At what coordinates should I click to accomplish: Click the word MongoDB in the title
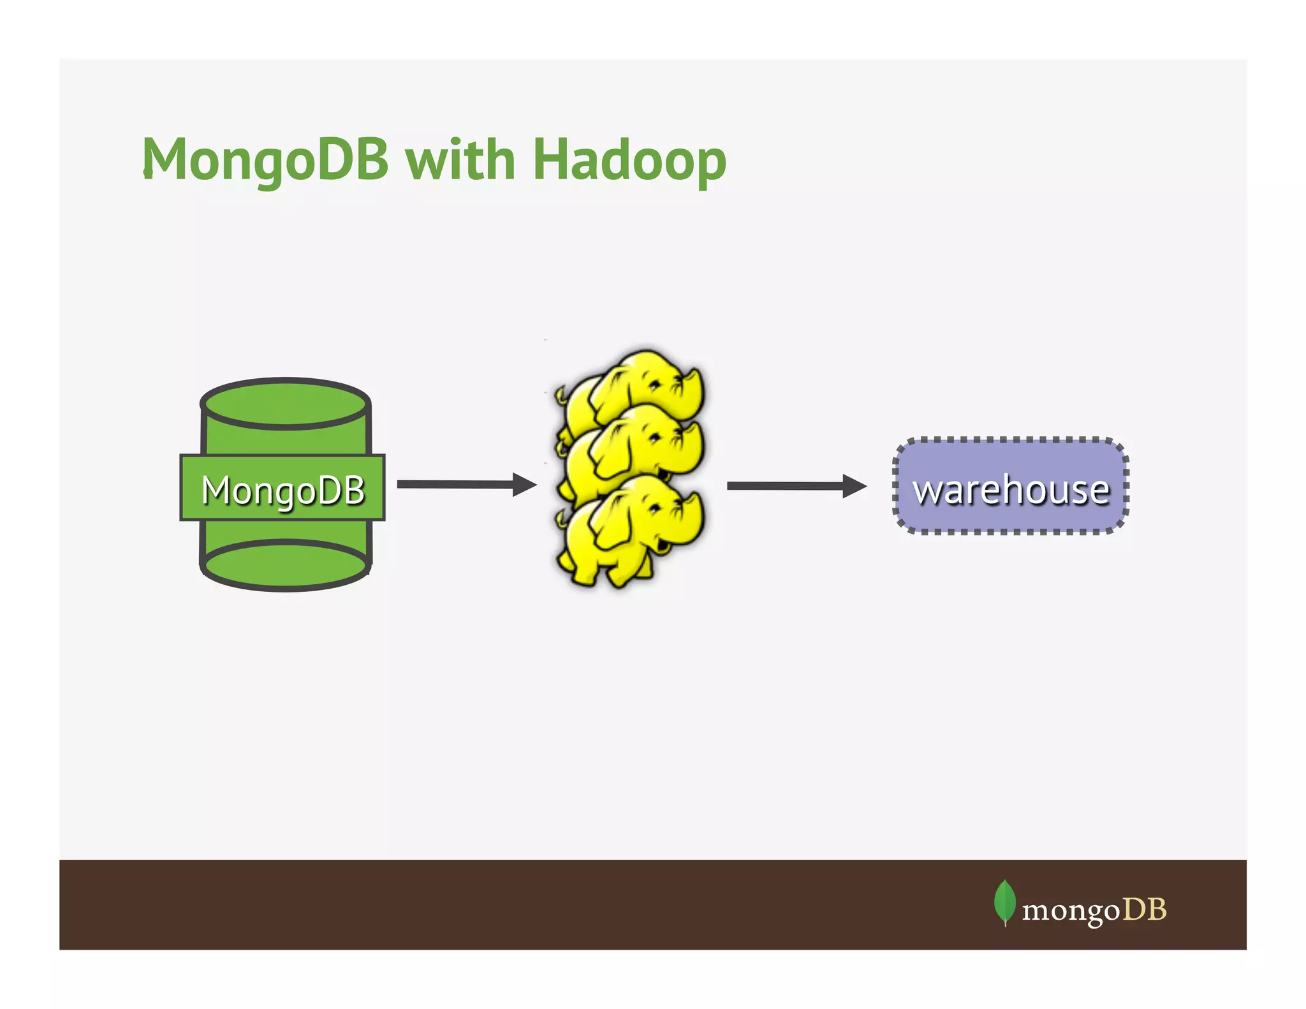265,159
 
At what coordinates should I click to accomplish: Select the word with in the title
460,159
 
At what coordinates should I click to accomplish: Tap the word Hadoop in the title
629,159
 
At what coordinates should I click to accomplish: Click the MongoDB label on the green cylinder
282,489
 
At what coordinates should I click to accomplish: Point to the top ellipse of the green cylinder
285,404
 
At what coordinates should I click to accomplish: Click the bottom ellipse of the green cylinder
285,564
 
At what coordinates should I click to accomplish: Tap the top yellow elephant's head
663,383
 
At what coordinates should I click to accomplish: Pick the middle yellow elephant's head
663,440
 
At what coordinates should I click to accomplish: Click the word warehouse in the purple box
1011,489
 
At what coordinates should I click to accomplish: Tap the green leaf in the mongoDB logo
1004,901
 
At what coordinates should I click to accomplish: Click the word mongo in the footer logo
1071,910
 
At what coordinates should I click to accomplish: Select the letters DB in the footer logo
1145,909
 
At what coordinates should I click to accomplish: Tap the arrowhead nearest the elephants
524,485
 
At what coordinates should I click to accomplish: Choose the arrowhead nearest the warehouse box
855,486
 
